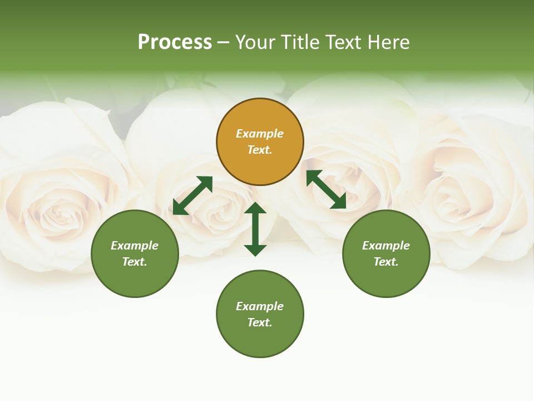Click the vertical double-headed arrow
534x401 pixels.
coord(255,229)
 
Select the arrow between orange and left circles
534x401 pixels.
coord(192,195)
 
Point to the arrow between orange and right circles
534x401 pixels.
coord(326,189)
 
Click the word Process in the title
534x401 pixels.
coord(175,42)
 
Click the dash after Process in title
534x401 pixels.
coord(224,42)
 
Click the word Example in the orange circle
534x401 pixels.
coord(260,134)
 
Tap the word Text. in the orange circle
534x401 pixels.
coord(260,150)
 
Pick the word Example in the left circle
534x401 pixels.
coord(135,246)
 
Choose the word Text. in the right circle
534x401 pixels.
coord(386,262)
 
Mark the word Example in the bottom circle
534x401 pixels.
coord(260,306)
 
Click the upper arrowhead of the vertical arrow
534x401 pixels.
coord(255,209)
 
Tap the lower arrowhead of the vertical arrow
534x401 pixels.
coord(255,250)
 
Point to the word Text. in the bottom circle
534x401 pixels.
coord(260,322)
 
